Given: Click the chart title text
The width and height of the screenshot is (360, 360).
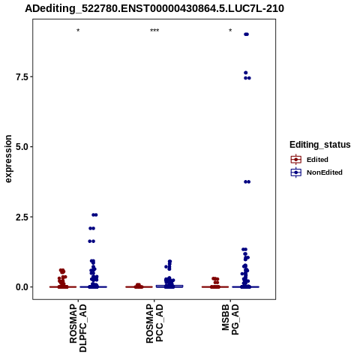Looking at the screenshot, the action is [154, 8].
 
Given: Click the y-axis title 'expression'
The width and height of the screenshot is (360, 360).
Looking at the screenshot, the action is [8, 159].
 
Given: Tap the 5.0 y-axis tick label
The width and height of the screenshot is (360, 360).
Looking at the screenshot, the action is [22, 147].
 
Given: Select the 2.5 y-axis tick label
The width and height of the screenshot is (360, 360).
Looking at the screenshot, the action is [22, 217].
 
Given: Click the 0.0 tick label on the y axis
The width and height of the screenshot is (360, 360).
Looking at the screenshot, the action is [22, 287].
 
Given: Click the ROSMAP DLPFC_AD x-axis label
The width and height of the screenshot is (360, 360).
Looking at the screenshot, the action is [78, 328].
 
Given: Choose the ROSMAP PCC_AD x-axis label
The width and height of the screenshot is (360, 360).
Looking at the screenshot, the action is [154, 323].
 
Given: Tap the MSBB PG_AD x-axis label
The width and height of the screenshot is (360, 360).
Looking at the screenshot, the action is [230, 319].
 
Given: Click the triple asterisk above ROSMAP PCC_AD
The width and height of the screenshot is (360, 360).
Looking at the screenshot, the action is [154, 31].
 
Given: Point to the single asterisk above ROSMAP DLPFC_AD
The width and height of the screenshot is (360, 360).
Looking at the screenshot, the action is [78, 31].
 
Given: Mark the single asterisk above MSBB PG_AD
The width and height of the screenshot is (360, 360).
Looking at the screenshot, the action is [230, 31].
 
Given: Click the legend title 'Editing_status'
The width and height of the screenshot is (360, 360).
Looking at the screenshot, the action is [320, 145].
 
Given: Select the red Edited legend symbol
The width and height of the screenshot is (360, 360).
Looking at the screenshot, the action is [296, 160].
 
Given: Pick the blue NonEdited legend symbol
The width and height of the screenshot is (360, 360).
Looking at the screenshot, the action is [296, 172].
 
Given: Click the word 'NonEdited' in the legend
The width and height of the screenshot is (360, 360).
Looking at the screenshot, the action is [325, 172].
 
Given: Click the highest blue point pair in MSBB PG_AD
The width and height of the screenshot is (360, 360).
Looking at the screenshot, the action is [246, 34].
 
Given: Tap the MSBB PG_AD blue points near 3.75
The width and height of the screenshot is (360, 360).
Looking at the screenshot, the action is [247, 181].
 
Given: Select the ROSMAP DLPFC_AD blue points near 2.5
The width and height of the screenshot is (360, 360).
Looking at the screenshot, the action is [94, 214].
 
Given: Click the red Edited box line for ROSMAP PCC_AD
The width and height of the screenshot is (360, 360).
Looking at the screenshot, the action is [139, 286].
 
